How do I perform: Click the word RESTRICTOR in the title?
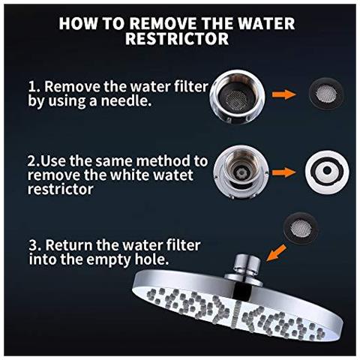(177, 38)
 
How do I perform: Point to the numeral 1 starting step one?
(32, 87)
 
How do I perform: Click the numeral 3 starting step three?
(34, 245)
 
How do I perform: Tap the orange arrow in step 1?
(283, 94)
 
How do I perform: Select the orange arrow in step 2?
(283, 172)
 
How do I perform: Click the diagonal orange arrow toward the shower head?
(276, 253)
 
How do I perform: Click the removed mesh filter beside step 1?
(325, 94)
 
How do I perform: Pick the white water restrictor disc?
(327, 171)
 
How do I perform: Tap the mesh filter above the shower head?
(301, 228)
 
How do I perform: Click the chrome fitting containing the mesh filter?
(237, 97)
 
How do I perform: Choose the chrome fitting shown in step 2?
(241, 172)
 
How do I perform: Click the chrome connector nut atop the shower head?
(247, 265)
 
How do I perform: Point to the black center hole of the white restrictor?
(327, 170)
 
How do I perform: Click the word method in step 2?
(164, 160)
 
